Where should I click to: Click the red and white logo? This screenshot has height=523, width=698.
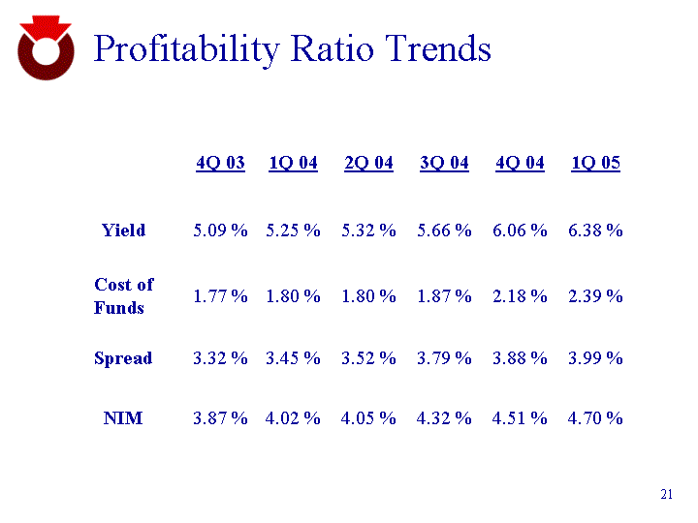(x=46, y=48)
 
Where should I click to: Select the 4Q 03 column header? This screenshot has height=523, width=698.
(x=220, y=163)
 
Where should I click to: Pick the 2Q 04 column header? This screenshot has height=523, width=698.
(x=368, y=163)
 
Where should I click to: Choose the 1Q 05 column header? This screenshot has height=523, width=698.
(x=595, y=163)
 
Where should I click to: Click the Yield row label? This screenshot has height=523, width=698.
(x=124, y=231)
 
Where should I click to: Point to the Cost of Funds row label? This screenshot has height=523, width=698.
(x=123, y=296)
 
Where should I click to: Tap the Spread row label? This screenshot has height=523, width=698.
(x=123, y=358)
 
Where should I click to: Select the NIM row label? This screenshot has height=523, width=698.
(x=123, y=418)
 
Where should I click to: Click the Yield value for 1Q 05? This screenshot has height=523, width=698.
(x=595, y=231)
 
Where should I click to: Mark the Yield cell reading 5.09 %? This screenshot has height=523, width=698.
(x=220, y=231)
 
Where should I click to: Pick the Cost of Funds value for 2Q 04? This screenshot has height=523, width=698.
(x=368, y=296)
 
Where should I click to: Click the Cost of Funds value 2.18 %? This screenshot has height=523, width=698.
(x=520, y=296)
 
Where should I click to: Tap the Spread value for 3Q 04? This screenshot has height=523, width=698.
(x=444, y=358)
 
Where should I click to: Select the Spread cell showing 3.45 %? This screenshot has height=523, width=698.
(x=293, y=358)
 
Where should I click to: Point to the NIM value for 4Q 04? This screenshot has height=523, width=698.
(x=520, y=418)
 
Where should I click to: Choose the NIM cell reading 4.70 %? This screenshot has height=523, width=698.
(x=595, y=418)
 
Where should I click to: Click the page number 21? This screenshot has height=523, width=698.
(x=666, y=496)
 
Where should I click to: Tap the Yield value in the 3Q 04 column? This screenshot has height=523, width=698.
(x=444, y=231)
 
